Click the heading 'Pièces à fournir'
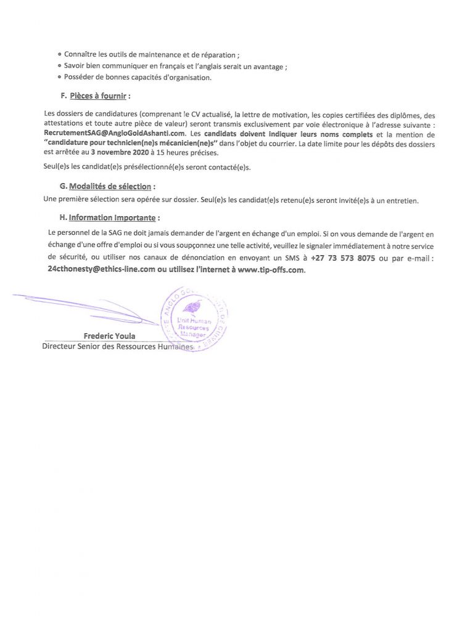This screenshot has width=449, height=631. click(x=98, y=96)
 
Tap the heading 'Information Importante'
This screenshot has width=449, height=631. click(x=112, y=218)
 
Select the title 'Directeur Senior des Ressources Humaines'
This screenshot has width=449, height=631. click(x=117, y=347)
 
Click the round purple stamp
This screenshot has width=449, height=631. click(x=194, y=319)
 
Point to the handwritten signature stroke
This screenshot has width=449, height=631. click(x=86, y=306)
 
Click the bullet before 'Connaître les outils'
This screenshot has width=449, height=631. click(x=59, y=55)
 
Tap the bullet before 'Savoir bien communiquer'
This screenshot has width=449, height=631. click(x=59, y=66)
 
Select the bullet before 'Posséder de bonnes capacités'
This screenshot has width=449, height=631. click(x=59, y=77)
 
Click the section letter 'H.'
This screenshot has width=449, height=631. click(x=62, y=218)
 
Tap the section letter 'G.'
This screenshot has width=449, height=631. click(x=63, y=186)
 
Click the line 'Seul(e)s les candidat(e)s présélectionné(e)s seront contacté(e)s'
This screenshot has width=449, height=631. click(x=148, y=167)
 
